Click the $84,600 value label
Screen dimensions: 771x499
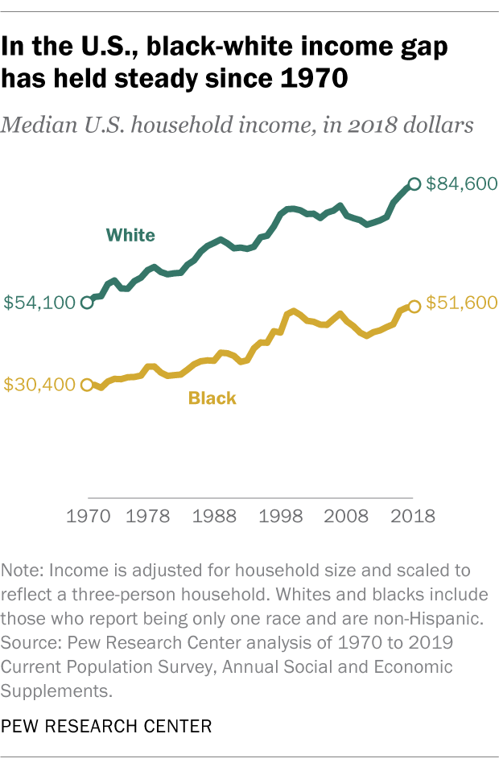[460, 183]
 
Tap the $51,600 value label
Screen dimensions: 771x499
[460, 303]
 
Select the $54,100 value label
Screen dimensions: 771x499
[39, 303]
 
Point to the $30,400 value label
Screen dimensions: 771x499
[39, 385]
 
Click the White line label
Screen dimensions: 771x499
[130, 235]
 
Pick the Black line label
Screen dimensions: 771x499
[212, 398]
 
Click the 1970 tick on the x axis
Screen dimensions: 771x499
[88, 517]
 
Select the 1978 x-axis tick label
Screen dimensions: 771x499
[147, 517]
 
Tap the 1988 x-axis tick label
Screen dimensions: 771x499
[213, 517]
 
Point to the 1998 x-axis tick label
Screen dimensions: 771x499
[280, 517]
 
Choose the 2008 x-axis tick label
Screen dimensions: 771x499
[347, 517]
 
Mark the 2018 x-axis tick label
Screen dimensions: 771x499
[413, 517]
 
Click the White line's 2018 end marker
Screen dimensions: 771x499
[414, 184]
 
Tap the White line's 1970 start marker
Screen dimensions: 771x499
[88, 303]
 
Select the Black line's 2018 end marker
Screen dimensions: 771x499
[414, 306]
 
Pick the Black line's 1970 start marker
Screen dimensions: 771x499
[88, 385]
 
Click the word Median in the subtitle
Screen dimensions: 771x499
[39, 126]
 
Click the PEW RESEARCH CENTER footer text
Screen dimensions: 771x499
[107, 727]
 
